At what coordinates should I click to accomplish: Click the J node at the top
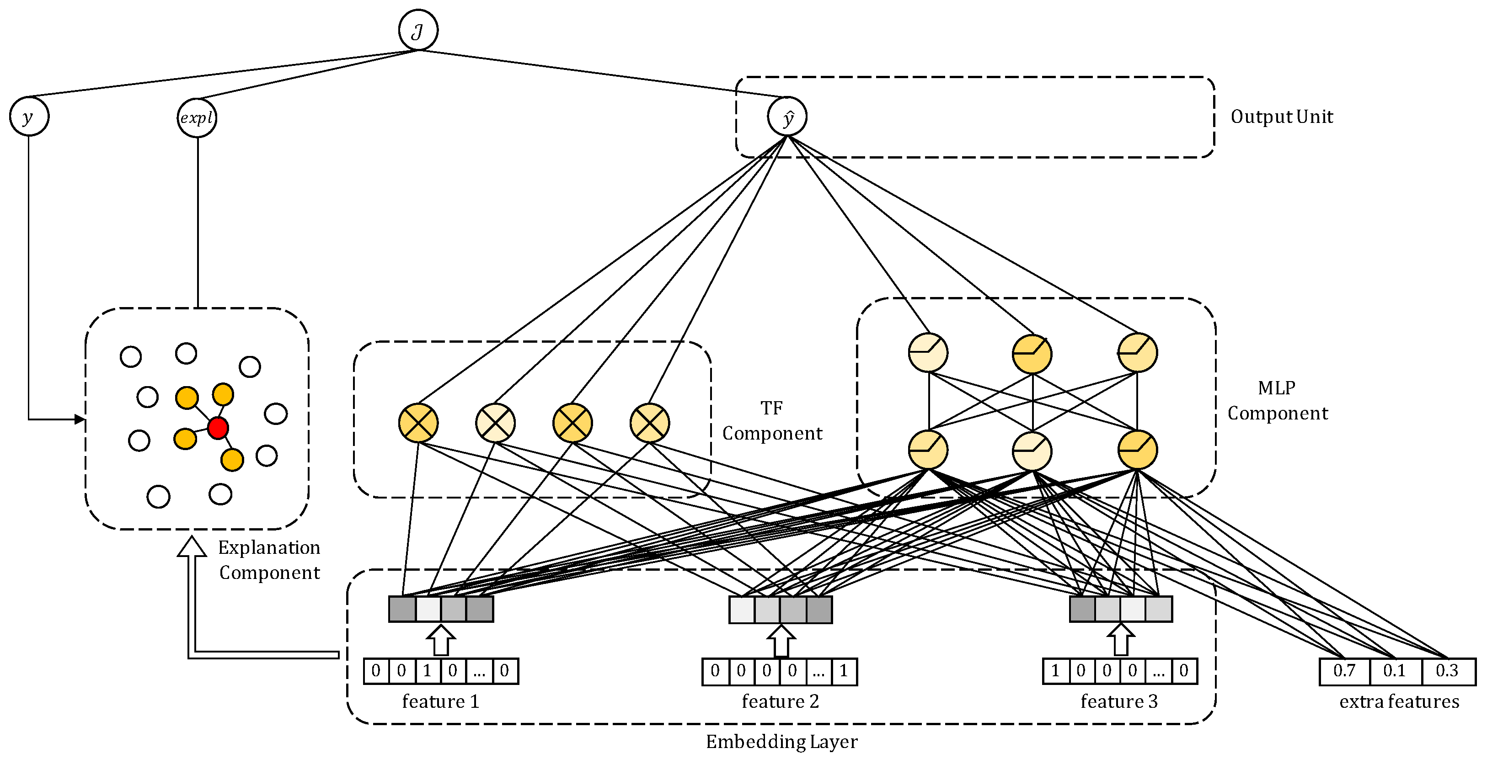click(x=418, y=30)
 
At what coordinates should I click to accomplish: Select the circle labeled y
click(x=29, y=117)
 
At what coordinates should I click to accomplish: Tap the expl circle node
click(x=197, y=118)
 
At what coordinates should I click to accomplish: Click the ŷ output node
click(x=787, y=117)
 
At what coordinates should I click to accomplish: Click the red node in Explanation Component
click(x=218, y=428)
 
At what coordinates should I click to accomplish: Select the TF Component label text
click(x=772, y=421)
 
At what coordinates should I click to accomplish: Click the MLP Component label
click(x=1277, y=400)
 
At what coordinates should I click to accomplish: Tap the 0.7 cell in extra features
click(x=1344, y=671)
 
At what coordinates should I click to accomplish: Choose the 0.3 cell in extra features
click(x=1447, y=671)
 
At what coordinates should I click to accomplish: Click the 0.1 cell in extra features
click(x=1394, y=671)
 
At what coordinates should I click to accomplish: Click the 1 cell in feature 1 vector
click(x=427, y=671)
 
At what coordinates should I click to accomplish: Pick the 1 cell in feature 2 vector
click(x=843, y=671)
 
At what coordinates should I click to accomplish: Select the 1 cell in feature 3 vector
click(x=1055, y=671)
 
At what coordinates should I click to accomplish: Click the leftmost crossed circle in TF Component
click(x=418, y=423)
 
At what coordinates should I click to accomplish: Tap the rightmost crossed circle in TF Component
click(x=649, y=423)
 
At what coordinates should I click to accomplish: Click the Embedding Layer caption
click(x=781, y=742)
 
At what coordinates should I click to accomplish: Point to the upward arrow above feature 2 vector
click(x=781, y=641)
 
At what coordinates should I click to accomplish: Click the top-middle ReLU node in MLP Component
click(x=1032, y=354)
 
